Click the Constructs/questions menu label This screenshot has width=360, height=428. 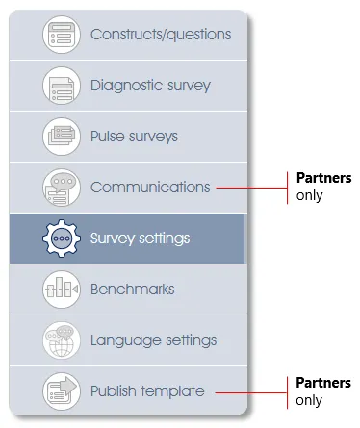click(161, 35)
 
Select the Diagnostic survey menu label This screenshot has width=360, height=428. click(150, 85)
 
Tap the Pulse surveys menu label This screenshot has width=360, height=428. click(134, 136)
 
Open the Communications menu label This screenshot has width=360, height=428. click(149, 187)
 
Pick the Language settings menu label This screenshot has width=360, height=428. click(153, 340)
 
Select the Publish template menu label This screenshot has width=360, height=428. click(147, 390)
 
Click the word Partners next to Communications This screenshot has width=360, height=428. click(322, 178)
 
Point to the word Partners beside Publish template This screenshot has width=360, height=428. click(322, 383)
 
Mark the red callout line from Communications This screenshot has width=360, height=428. click(252, 187)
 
